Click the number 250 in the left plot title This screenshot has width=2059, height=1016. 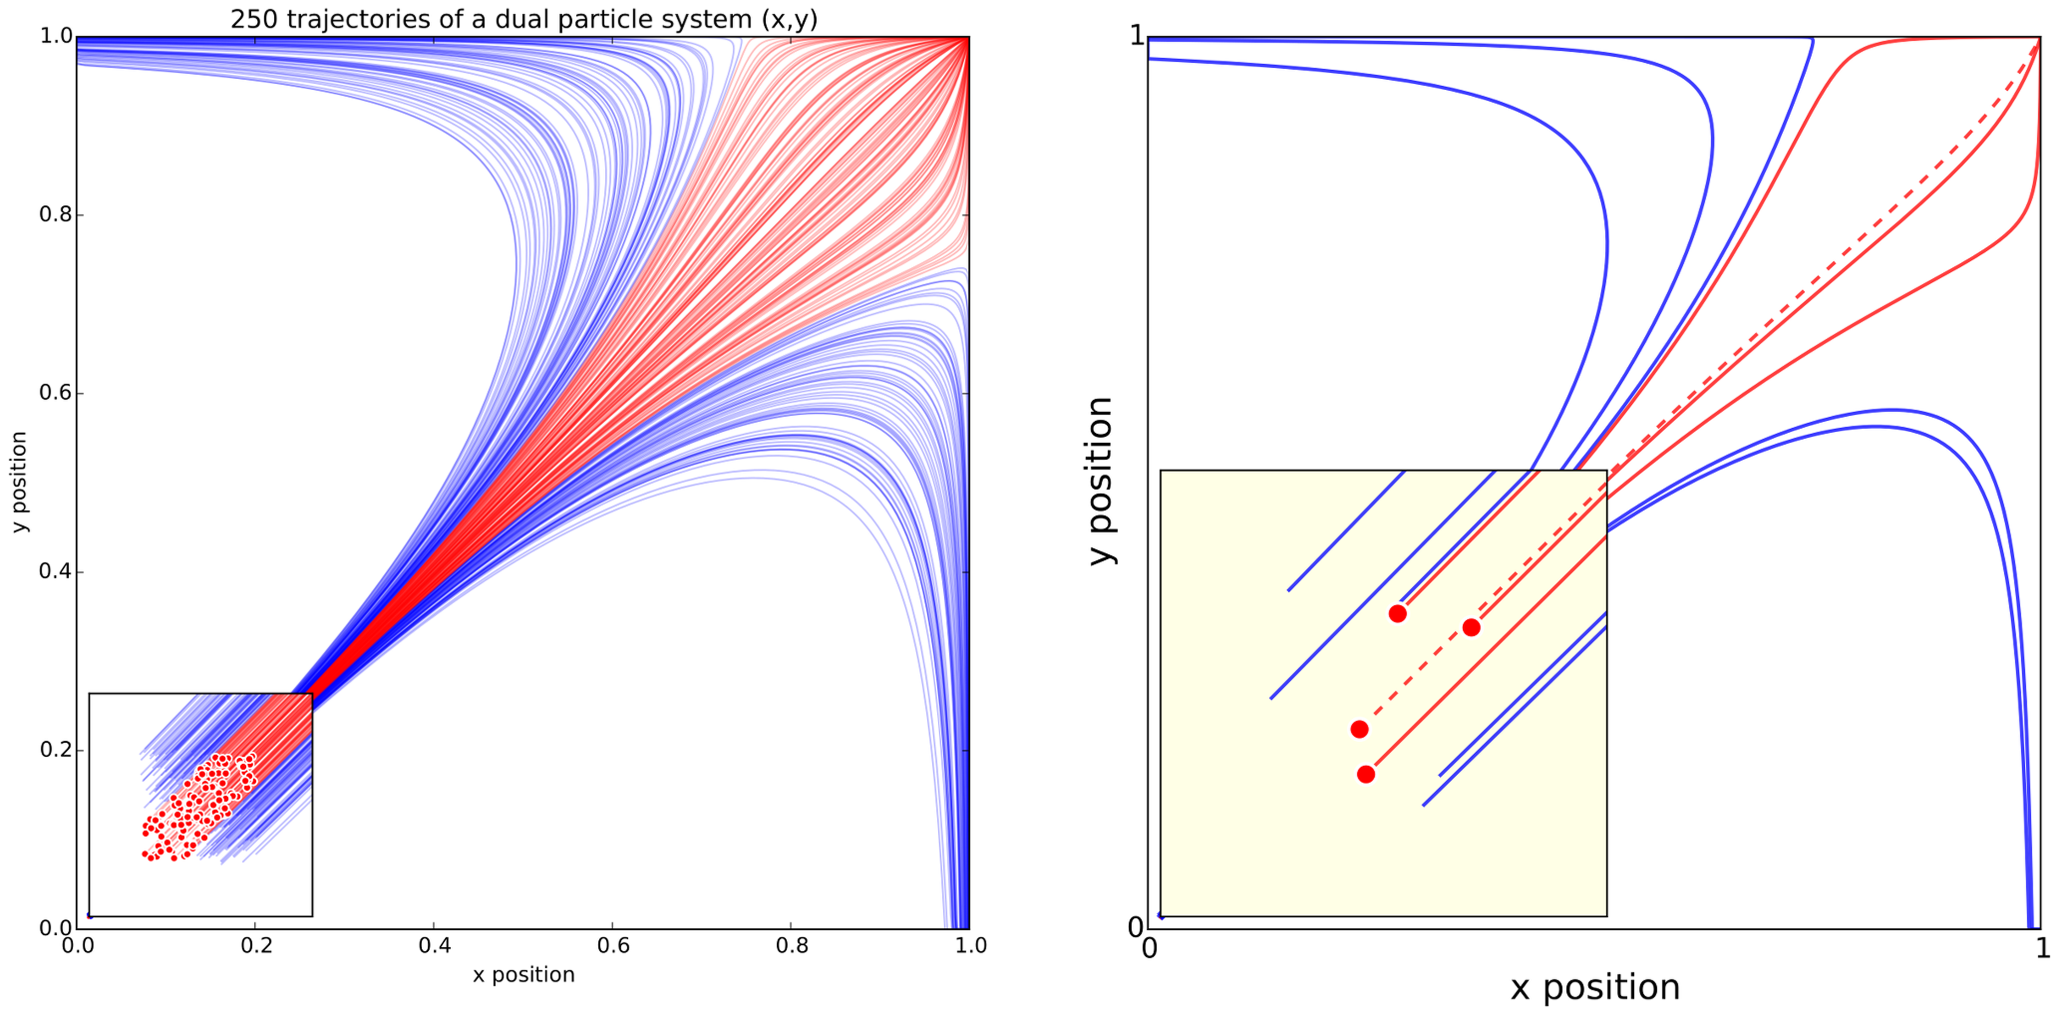254,19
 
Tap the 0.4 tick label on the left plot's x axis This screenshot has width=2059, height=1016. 434,946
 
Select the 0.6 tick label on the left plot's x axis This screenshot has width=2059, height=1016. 613,946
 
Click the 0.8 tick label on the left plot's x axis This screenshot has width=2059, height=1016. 791,946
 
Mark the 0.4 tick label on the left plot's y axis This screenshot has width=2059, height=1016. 56,571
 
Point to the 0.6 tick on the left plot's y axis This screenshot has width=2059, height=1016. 56,393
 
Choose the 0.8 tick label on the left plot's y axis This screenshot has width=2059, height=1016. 56,214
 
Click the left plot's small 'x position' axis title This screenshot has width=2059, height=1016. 523,975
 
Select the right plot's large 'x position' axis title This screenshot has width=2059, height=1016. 1595,987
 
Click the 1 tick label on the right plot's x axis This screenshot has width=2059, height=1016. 2042,948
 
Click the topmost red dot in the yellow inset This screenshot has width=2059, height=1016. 1397,614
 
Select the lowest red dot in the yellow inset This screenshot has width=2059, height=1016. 1366,774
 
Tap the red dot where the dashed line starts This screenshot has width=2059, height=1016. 1359,729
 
